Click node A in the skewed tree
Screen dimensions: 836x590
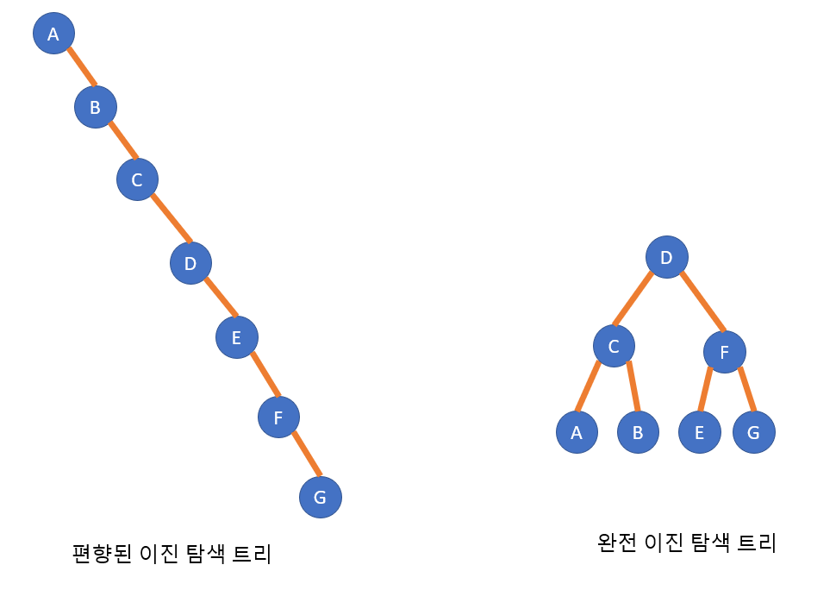click(x=53, y=34)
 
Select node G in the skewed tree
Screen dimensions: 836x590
click(x=321, y=497)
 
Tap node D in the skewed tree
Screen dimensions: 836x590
click(x=190, y=263)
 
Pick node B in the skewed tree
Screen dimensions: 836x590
click(x=95, y=107)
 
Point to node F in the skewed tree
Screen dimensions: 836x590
click(x=278, y=417)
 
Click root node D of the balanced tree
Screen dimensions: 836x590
click(x=666, y=257)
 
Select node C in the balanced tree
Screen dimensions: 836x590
click(x=614, y=346)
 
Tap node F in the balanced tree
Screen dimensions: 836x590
click(x=724, y=351)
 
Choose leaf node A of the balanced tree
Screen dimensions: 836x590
click(x=577, y=432)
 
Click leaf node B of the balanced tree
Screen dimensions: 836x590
click(x=638, y=432)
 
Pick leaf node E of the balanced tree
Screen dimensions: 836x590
click(x=699, y=432)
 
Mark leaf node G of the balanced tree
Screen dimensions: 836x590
click(x=753, y=432)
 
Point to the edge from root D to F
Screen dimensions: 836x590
click(x=702, y=302)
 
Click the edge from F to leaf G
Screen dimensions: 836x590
click(x=746, y=390)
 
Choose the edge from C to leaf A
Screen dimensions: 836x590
click(x=589, y=386)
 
